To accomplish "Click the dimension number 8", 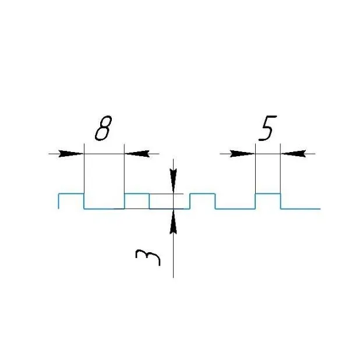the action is tap(103, 128).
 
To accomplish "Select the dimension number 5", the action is tap(267, 128).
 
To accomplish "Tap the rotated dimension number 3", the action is tap(147, 257).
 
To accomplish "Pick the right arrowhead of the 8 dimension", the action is tap(137, 154).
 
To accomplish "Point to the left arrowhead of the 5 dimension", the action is tap(242, 154).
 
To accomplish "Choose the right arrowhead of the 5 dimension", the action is tap(293, 154).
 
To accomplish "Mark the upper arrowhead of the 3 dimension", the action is tap(173, 181).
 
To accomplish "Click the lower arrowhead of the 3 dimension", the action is tap(173, 221).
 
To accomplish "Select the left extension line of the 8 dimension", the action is tap(84, 169).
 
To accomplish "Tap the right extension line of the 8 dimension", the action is tap(124, 169).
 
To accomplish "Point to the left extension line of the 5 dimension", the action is tap(255, 169).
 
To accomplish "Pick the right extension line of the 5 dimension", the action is tap(280, 169).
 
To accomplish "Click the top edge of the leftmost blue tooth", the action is tap(71, 194).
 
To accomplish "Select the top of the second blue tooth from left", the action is tap(137, 194).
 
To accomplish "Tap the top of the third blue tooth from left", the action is tap(203, 194).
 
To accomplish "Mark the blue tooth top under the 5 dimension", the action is tap(268, 194).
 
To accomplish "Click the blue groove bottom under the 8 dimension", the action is tap(104, 209).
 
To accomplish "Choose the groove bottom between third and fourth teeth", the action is tap(235, 209).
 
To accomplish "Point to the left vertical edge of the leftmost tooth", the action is tap(59, 202).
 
